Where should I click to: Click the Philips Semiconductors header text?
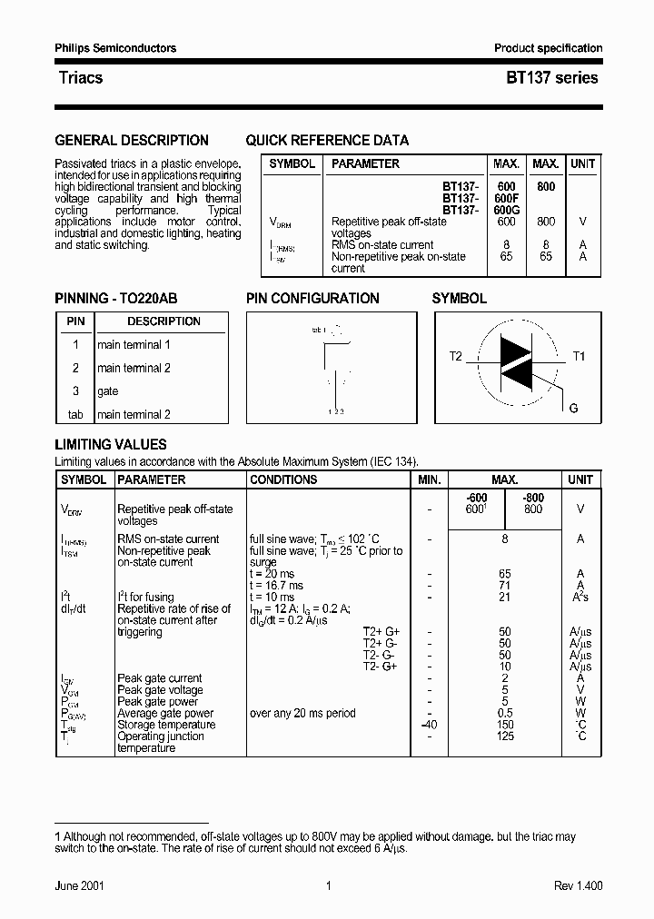click(115, 48)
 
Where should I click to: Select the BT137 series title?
click(551, 78)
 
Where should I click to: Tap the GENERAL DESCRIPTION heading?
click(132, 141)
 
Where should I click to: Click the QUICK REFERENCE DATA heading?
click(327, 141)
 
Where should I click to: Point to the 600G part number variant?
click(506, 210)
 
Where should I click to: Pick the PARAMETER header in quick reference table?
click(365, 164)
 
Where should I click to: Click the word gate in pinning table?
click(107, 391)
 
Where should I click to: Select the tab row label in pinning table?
click(75, 415)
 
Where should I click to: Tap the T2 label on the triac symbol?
click(456, 356)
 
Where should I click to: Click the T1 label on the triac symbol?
click(579, 356)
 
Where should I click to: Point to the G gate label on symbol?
click(573, 409)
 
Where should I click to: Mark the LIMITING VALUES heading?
click(111, 445)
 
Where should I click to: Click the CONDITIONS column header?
click(283, 479)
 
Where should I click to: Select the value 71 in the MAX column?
click(505, 586)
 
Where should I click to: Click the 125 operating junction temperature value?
click(505, 736)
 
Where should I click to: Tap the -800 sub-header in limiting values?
click(533, 498)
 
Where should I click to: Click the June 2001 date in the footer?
click(79, 886)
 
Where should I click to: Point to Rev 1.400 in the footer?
click(578, 886)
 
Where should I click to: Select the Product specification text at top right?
click(548, 48)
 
